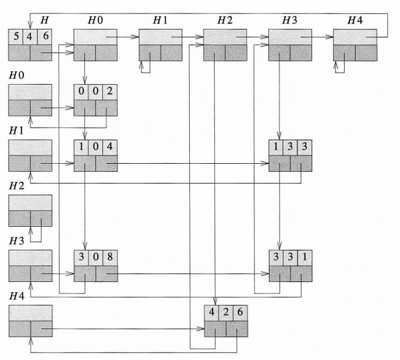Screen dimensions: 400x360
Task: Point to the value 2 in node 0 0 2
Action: [x=110, y=92]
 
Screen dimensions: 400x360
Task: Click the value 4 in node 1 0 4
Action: [x=110, y=148]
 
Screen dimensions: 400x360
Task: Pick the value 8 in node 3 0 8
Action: [x=110, y=258]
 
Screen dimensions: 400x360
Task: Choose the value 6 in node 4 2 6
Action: [x=240, y=313]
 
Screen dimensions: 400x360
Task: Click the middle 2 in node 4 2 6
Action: [x=226, y=313]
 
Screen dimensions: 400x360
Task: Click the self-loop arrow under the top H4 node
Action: [x=341, y=67]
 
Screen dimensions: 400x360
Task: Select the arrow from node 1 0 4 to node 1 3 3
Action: [x=192, y=163]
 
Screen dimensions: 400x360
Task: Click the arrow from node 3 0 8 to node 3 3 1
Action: [x=192, y=273]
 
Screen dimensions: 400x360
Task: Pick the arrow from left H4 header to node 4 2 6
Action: [x=120, y=329]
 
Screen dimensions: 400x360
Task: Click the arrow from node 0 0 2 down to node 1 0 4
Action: [x=85, y=126]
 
